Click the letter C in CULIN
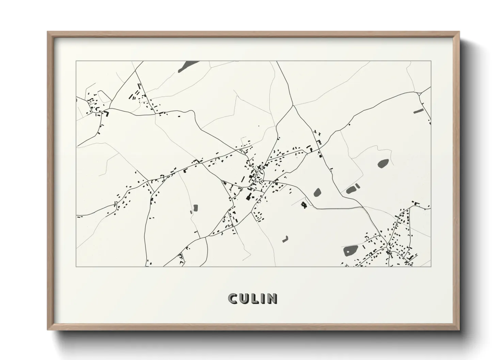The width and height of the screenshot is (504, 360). coord(233,298)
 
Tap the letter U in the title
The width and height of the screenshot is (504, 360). coord(245,298)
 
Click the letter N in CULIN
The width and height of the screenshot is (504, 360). coord(272,298)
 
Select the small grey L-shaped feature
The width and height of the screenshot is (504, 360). coord(285,239)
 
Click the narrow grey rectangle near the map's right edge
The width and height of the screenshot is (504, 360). coord(418,111)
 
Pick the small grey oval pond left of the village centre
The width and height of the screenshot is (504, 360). coord(195,208)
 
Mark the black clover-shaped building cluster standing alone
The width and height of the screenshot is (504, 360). coord(303,204)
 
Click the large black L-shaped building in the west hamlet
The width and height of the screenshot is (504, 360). coord(107,114)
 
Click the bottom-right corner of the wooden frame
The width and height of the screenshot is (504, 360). coord(459,330)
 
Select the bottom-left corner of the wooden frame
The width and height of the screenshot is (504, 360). coord(48,330)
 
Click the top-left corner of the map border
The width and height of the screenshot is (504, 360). coord(76,61)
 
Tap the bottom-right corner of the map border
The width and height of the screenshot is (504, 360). coord(431,266)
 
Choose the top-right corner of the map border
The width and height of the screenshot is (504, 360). coord(431,61)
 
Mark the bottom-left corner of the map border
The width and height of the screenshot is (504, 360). coord(76,266)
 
